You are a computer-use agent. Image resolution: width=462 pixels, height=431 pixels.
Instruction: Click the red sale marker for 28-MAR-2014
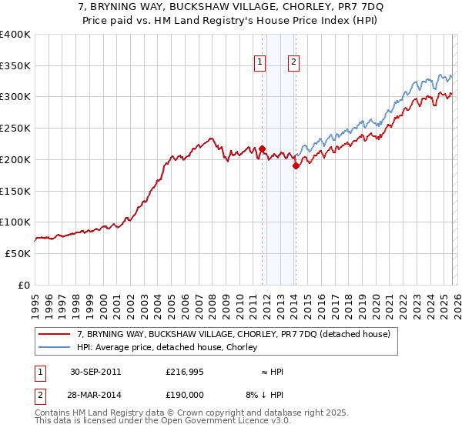pyautogui.click(x=296, y=165)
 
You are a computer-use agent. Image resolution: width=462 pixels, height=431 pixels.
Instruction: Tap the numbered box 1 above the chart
pyautogui.click(x=260, y=63)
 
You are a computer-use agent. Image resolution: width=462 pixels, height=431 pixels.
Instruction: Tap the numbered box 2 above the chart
pyautogui.click(x=294, y=63)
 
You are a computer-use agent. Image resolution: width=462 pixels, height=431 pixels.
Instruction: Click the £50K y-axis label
pyautogui.click(x=18, y=253)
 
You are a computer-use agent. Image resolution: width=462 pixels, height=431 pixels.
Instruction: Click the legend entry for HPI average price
pyautogui.click(x=170, y=348)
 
